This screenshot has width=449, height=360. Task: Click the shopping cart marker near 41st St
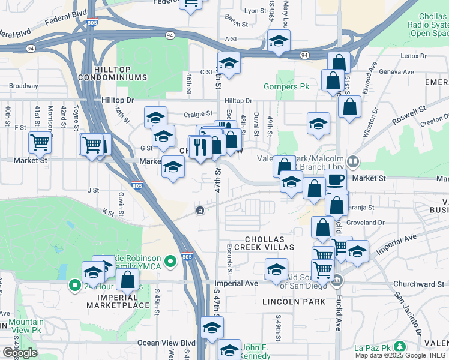[x=40, y=142]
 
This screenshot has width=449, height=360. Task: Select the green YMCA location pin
[x=171, y=260]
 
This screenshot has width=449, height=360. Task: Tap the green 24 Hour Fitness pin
[x=74, y=286]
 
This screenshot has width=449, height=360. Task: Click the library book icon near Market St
[x=354, y=161]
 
